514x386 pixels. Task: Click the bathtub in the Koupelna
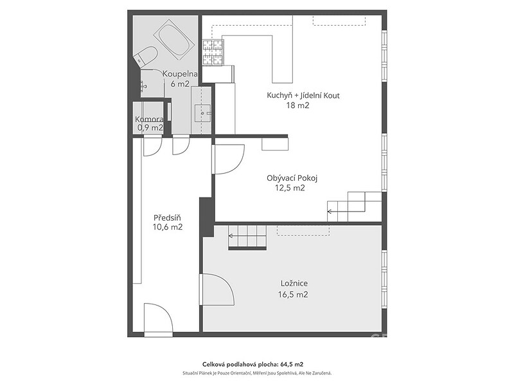pos(175,40)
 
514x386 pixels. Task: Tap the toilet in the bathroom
pos(146,57)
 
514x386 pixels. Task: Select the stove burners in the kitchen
pos(213,52)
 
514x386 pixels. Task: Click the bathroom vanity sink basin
pos(202,114)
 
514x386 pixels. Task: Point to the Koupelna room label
pos(180,74)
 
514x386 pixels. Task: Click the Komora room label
pos(149,120)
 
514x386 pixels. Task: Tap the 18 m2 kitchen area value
pos(297,106)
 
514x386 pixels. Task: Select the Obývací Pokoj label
pos(292,178)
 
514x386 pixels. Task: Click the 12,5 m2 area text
pos(290,188)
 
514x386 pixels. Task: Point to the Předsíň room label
pos(167,217)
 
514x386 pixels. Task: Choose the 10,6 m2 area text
pos(167,227)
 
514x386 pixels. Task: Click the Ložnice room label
pos(294,283)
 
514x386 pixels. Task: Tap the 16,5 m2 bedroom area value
pos(293,295)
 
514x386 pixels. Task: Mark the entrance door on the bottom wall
pos(158,318)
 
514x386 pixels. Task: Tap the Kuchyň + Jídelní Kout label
pos(303,95)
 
